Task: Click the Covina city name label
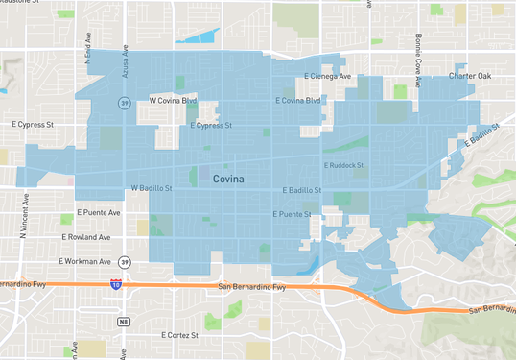228,179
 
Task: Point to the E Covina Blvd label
297,100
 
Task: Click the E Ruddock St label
344,165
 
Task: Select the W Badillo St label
151,188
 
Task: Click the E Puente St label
293,214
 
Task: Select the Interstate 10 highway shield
116,284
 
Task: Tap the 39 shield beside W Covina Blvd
125,102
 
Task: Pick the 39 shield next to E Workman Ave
126,260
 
